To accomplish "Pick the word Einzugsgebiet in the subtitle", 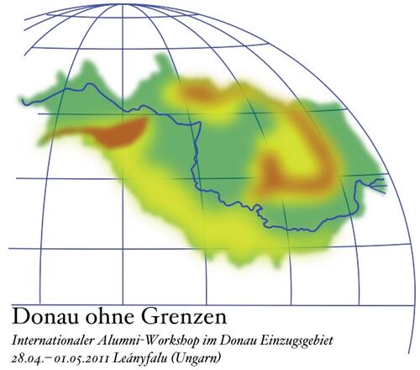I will tap(296, 341).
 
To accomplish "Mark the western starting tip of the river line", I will tap(23, 103).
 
